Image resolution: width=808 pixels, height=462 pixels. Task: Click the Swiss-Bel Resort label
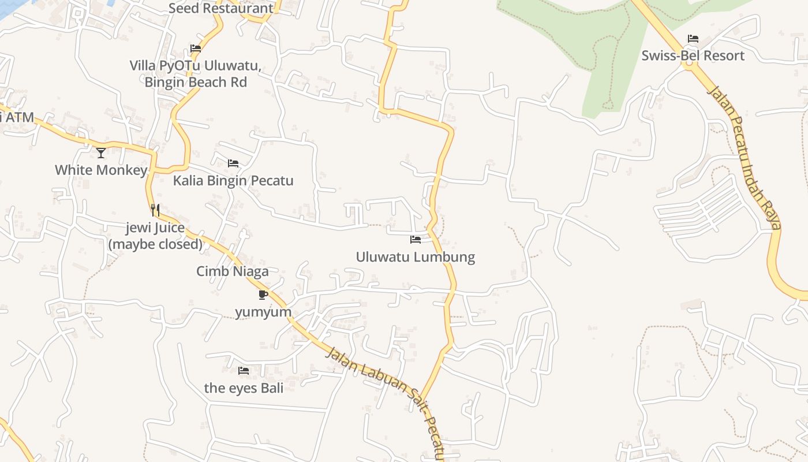click(693, 56)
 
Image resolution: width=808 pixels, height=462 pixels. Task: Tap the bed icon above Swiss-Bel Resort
click(693, 39)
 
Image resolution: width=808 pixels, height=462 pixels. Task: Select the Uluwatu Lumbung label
click(416, 257)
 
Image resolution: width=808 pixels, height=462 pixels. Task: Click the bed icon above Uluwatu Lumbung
click(416, 239)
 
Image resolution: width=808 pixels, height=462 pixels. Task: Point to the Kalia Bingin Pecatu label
click(233, 181)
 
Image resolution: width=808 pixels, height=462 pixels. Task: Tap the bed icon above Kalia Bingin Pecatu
click(233, 163)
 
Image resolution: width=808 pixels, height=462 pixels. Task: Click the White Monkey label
click(101, 170)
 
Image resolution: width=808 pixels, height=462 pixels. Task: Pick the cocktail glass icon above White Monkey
click(101, 152)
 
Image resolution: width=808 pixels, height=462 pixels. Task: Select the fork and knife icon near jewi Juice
click(155, 210)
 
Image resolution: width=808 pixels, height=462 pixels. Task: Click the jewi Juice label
click(155, 236)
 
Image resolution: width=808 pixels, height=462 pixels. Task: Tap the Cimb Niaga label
click(233, 271)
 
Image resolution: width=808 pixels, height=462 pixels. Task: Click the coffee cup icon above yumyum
click(263, 295)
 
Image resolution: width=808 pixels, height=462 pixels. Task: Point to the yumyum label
click(263, 312)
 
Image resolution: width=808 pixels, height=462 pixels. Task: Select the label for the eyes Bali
click(244, 388)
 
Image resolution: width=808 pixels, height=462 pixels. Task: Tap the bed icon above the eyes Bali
click(244, 370)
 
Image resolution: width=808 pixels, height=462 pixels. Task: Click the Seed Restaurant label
click(221, 8)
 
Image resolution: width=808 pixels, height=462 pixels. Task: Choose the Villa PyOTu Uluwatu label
click(196, 73)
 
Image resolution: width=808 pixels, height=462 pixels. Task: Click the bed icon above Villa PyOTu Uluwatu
click(196, 49)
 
